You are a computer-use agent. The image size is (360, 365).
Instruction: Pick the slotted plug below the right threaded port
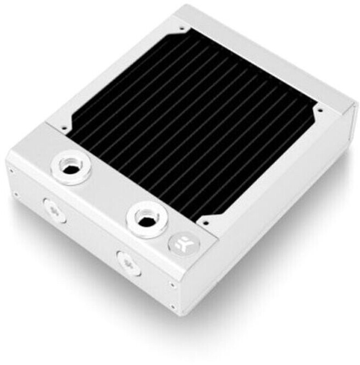(x=128, y=263)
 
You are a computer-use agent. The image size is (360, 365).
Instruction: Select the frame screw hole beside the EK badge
(x=203, y=224)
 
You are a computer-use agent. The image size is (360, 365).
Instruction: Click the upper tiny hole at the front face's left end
(x=10, y=171)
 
